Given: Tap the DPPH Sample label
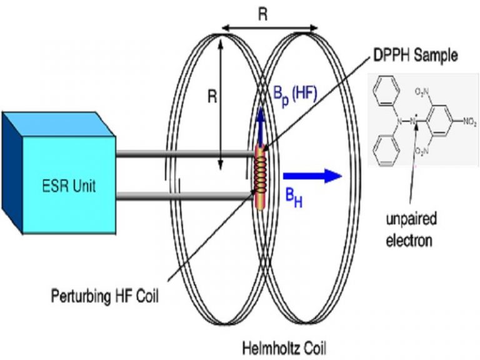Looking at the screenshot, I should click(412, 56).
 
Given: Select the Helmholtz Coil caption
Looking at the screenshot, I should click(285, 344).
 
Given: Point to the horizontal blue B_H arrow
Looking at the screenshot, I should click(312, 175).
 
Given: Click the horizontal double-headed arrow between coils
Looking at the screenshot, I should click(269, 28).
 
